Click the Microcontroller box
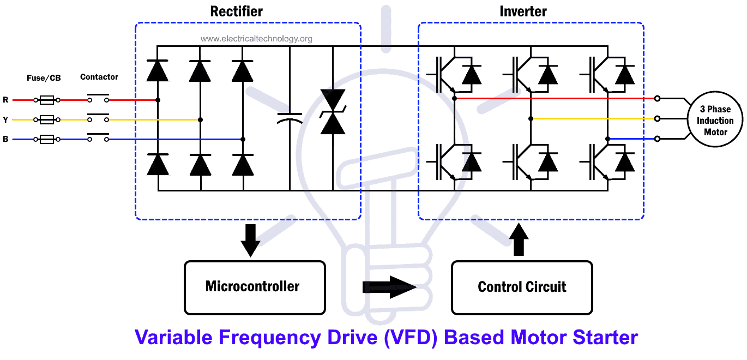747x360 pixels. tap(255, 287)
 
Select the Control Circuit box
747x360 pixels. tap(522, 287)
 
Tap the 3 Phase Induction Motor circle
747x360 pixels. tap(715, 121)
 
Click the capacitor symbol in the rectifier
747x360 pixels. tap(290, 118)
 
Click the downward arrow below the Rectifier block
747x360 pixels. tap(250, 240)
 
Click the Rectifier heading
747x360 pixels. tap(237, 11)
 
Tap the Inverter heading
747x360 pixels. tap(523, 11)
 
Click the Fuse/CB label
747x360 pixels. tap(44, 78)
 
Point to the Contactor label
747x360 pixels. tap(99, 77)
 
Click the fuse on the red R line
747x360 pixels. tap(46, 100)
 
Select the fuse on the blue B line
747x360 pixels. tap(46, 140)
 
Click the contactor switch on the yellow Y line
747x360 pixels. tap(98, 118)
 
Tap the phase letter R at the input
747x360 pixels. tap(5, 100)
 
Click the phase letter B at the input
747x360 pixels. tap(5, 140)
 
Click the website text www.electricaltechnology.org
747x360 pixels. tap(256, 39)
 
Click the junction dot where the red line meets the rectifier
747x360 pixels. tap(158, 100)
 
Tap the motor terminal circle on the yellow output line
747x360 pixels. tap(658, 118)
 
